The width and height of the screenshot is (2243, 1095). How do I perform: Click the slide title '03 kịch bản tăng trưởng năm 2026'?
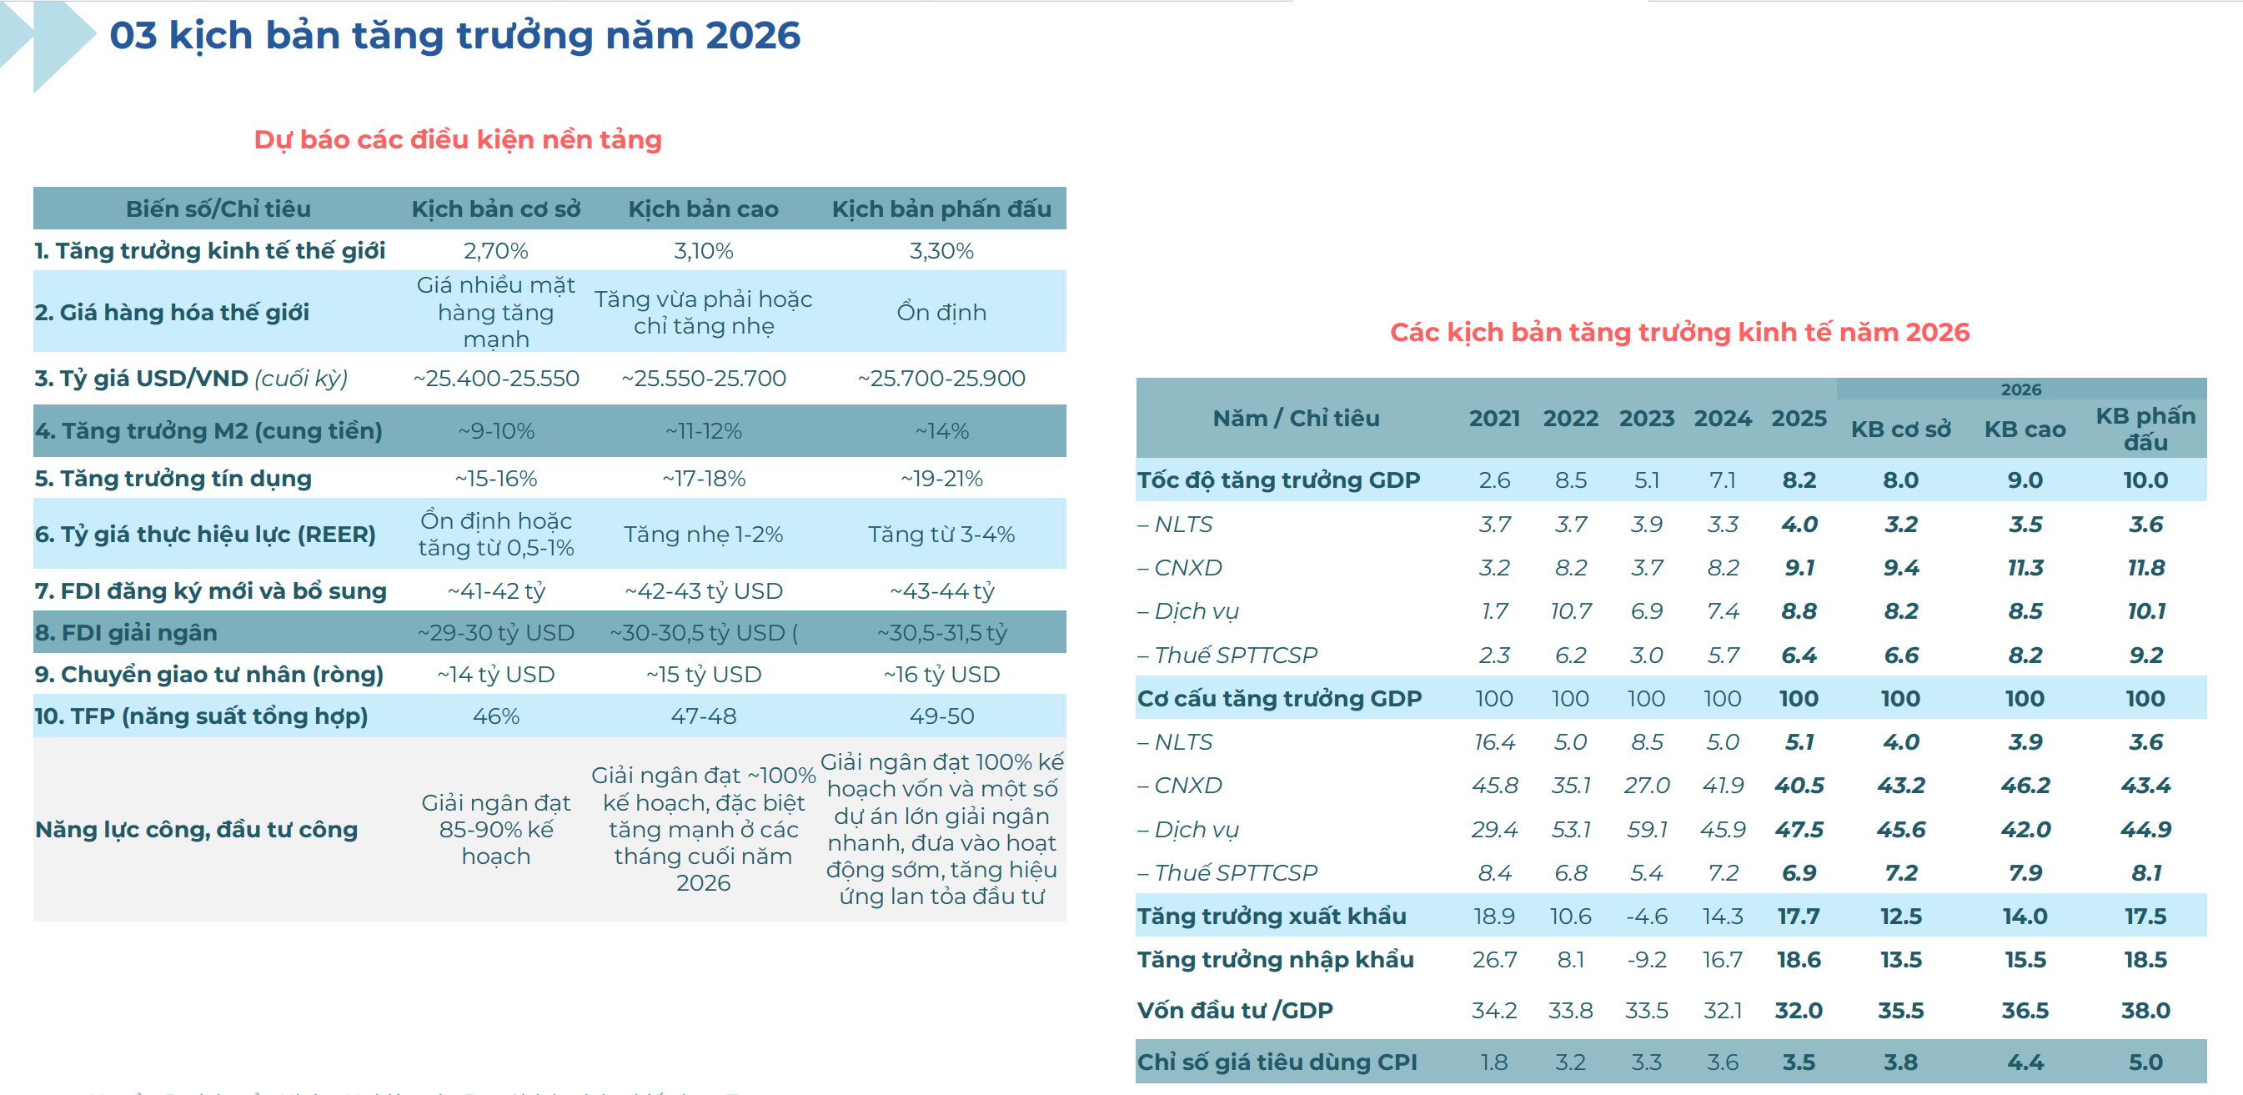point(454,36)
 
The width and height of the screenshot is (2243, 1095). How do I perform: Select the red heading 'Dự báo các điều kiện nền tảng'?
point(458,139)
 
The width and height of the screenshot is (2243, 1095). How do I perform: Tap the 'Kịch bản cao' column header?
point(704,209)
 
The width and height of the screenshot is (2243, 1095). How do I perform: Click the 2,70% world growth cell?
point(495,251)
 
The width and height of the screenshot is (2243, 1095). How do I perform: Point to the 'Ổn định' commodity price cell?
point(941,312)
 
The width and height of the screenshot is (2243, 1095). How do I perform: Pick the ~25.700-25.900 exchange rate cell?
point(941,378)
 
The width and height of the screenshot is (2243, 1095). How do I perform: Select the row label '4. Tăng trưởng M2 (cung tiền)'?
point(209,430)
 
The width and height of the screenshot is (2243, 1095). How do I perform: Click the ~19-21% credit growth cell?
point(941,478)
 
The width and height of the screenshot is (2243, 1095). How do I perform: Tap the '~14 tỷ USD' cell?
point(495,674)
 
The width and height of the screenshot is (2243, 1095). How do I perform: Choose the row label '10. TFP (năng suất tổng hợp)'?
point(201,716)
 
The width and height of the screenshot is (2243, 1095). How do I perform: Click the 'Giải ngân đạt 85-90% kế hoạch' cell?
point(495,828)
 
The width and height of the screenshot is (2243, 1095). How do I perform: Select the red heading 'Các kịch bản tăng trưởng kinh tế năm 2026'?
point(1678,332)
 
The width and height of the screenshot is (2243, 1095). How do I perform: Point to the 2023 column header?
point(1646,418)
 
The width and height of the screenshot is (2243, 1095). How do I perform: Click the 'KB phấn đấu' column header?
point(2145,429)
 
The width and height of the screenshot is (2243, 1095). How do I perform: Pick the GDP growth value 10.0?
point(2145,480)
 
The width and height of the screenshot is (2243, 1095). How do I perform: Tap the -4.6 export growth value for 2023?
point(1646,917)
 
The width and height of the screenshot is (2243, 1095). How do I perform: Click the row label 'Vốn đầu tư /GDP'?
point(1235,1011)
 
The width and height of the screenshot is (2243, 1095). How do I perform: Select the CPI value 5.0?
point(2145,1062)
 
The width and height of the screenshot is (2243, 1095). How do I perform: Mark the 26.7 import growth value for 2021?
point(1494,960)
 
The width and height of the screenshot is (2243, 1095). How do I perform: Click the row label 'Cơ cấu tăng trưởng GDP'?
point(1279,699)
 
